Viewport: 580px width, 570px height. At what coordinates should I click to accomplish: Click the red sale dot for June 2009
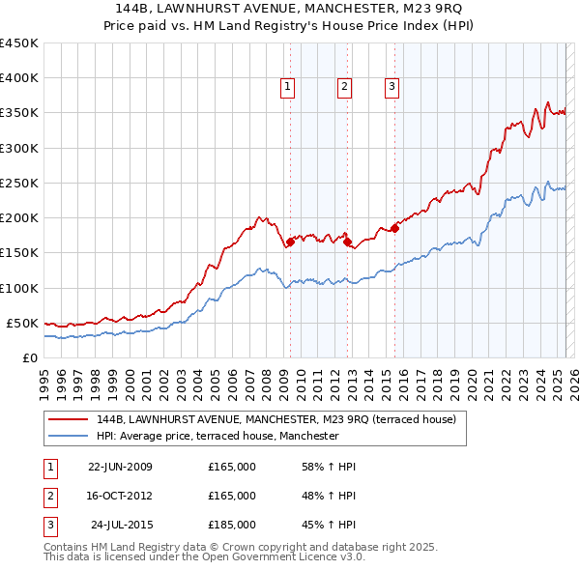[x=290, y=242]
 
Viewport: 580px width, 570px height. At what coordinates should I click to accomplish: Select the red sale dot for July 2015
[x=394, y=229]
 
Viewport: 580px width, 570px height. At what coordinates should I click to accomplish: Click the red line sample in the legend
[x=68, y=419]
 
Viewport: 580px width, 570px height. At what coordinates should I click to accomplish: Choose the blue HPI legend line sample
[x=68, y=436]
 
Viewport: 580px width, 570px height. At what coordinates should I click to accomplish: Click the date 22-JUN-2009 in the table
[x=120, y=467]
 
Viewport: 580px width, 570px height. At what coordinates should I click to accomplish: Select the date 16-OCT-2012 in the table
[x=120, y=496]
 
